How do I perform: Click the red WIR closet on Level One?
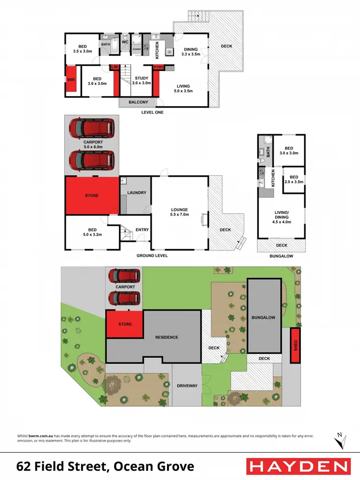coord(70,79)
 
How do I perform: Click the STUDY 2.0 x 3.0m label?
coord(142,81)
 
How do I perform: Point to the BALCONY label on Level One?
coord(139,102)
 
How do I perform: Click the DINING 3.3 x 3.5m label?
coord(190,52)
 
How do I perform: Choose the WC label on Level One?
coord(125,42)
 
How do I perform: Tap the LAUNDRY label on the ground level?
coord(136,193)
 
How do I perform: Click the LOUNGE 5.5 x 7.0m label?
coord(180,212)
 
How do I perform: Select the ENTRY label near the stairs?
coord(142,230)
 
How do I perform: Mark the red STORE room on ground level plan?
coord(92,195)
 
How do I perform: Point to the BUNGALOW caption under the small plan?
coord(282,256)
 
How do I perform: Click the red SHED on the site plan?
coord(295,346)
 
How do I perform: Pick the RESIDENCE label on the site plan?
coord(167,337)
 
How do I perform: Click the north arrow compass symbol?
coord(340,438)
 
